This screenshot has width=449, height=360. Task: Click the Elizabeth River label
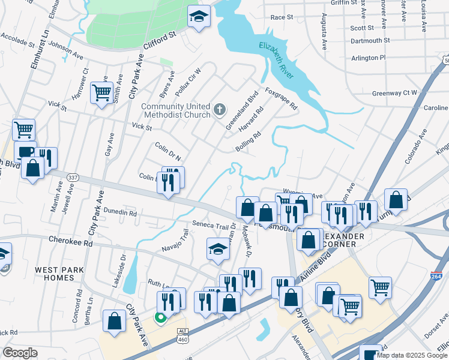[x=277, y=61]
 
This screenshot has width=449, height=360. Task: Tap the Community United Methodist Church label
[x=176, y=111]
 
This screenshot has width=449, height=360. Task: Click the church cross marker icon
[x=220, y=110]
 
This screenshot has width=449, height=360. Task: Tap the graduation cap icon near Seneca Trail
[x=218, y=249]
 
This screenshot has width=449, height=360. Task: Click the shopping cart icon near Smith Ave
[x=101, y=93]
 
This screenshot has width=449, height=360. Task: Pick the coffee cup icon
[x=25, y=152]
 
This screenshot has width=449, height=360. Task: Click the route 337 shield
[x=73, y=178]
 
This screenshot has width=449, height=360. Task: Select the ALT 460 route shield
[x=182, y=335]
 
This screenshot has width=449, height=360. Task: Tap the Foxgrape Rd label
[x=282, y=100]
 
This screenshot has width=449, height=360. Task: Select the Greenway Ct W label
[x=394, y=93]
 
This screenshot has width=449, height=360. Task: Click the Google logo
[x=20, y=353]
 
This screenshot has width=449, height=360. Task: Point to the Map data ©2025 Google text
[x=411, y=355]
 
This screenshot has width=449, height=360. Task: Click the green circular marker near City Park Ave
[x=161, y=318]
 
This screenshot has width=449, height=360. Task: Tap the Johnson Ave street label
[x=65, y=50]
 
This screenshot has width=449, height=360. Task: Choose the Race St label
[x=281, y=18]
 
